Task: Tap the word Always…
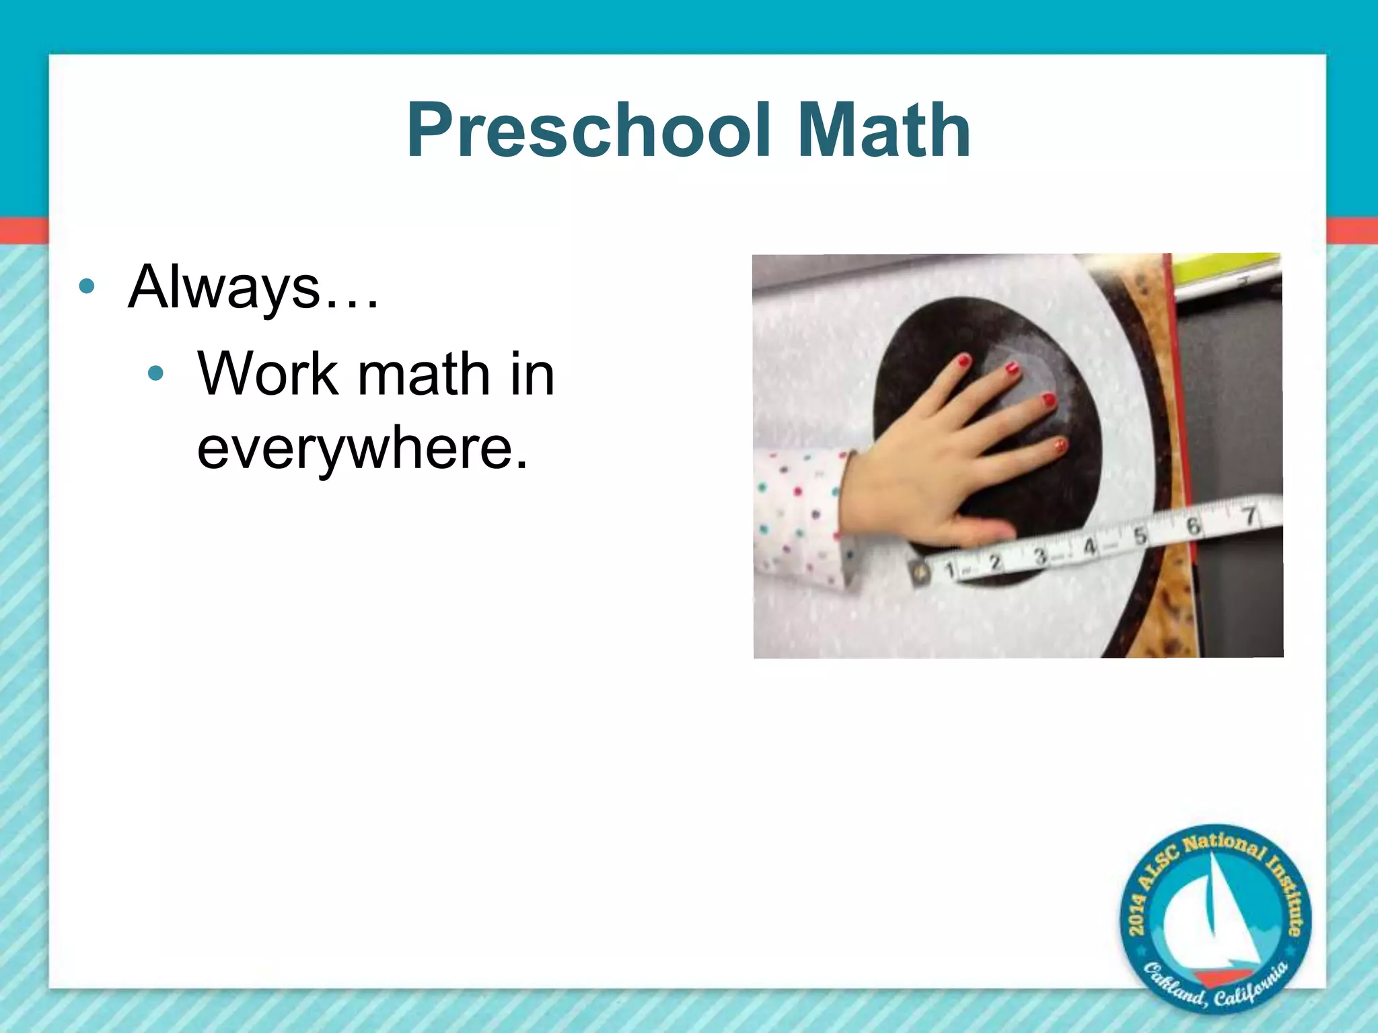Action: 254,287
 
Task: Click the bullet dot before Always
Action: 86,287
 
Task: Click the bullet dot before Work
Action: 155,373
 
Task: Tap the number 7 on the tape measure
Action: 1249,516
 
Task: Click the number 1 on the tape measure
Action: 949,570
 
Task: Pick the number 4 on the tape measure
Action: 1090,546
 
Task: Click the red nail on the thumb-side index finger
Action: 964,361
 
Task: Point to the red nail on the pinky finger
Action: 1060,445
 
